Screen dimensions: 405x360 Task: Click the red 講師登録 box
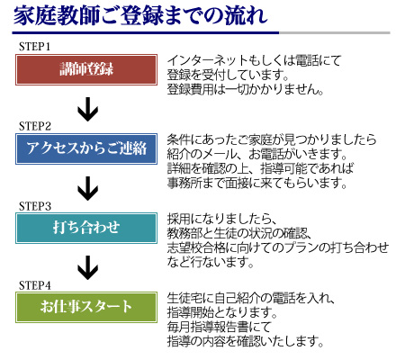86,69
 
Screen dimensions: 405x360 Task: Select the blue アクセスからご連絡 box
86,148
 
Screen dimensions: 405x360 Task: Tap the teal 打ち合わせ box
86,228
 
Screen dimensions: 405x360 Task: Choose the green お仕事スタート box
86,307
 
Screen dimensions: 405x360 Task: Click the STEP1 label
34,47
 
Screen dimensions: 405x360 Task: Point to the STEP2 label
35,126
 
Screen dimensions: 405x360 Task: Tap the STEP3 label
35,206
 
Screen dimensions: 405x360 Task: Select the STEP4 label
35,285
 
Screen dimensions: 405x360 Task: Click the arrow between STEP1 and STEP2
87,109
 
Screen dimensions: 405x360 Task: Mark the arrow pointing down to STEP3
87,188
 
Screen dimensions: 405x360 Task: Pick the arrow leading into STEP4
87,267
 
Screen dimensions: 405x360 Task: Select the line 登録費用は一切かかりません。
245,89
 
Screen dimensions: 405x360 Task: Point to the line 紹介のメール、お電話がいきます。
256,154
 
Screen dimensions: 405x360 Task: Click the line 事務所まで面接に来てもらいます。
256,183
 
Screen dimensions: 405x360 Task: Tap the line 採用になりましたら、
221,219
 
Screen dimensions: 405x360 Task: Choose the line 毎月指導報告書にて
219,327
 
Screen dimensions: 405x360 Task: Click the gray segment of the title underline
335,32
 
